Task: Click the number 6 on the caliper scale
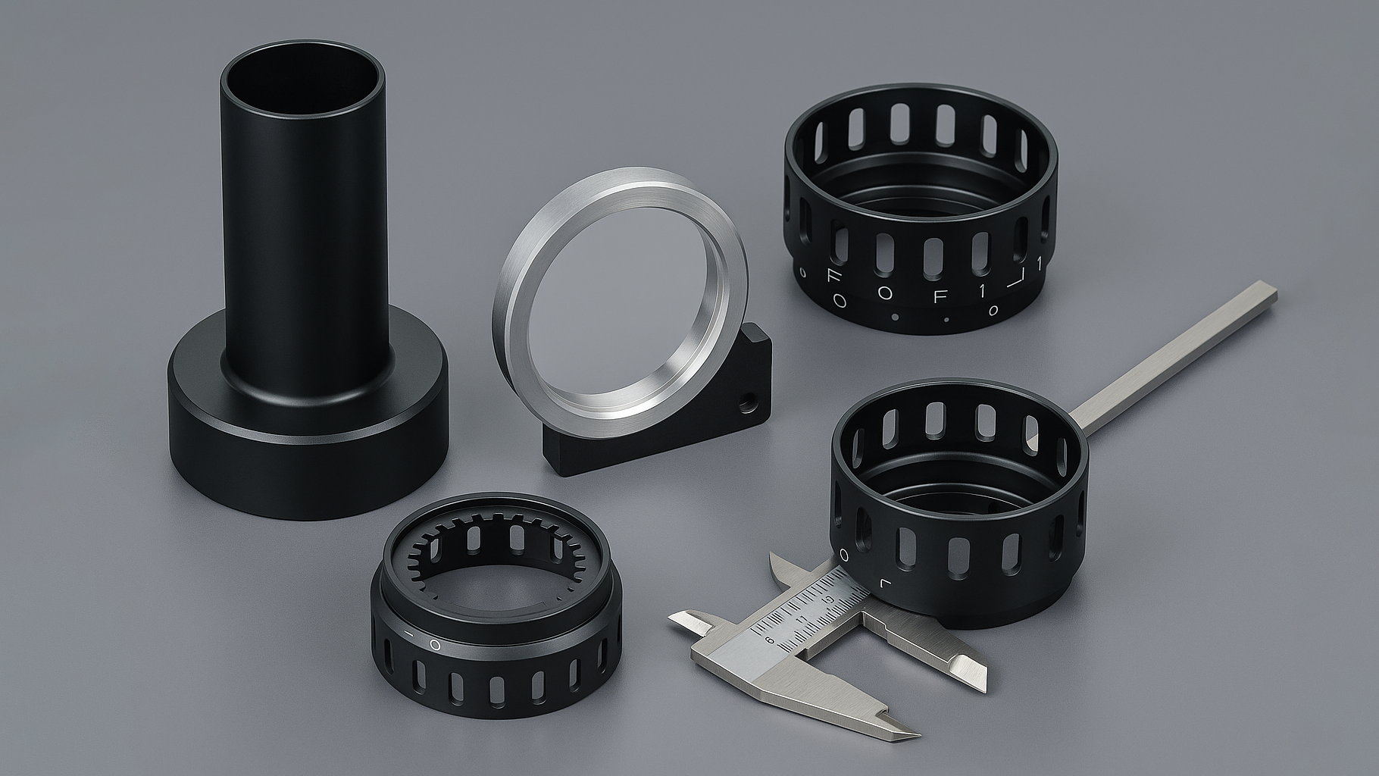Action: (x=771, y=640)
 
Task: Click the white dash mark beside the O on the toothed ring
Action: (x=408, y=632)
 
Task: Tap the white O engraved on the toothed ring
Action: (x=435, y=645)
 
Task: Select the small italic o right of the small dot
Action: (x=992, y=311)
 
